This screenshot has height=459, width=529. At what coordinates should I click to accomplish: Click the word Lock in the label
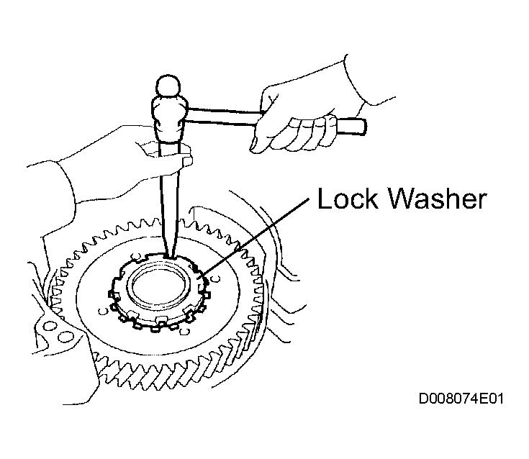pos(348,199)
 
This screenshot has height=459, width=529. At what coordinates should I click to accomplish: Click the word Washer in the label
pos(438,199)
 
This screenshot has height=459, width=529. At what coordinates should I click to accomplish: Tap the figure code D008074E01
pos(461,399)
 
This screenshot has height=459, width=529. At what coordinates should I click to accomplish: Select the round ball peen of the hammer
pos(168,86)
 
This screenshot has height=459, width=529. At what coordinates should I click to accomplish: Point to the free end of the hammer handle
pos(364,127)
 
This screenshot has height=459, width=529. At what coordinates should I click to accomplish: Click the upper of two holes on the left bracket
pos(50,326)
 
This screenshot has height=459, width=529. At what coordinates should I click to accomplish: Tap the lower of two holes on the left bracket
pos(63,336)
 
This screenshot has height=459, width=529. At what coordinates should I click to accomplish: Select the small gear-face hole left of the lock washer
pos(102,311)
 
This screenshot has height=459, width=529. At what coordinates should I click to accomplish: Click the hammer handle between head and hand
pos(222,116)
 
